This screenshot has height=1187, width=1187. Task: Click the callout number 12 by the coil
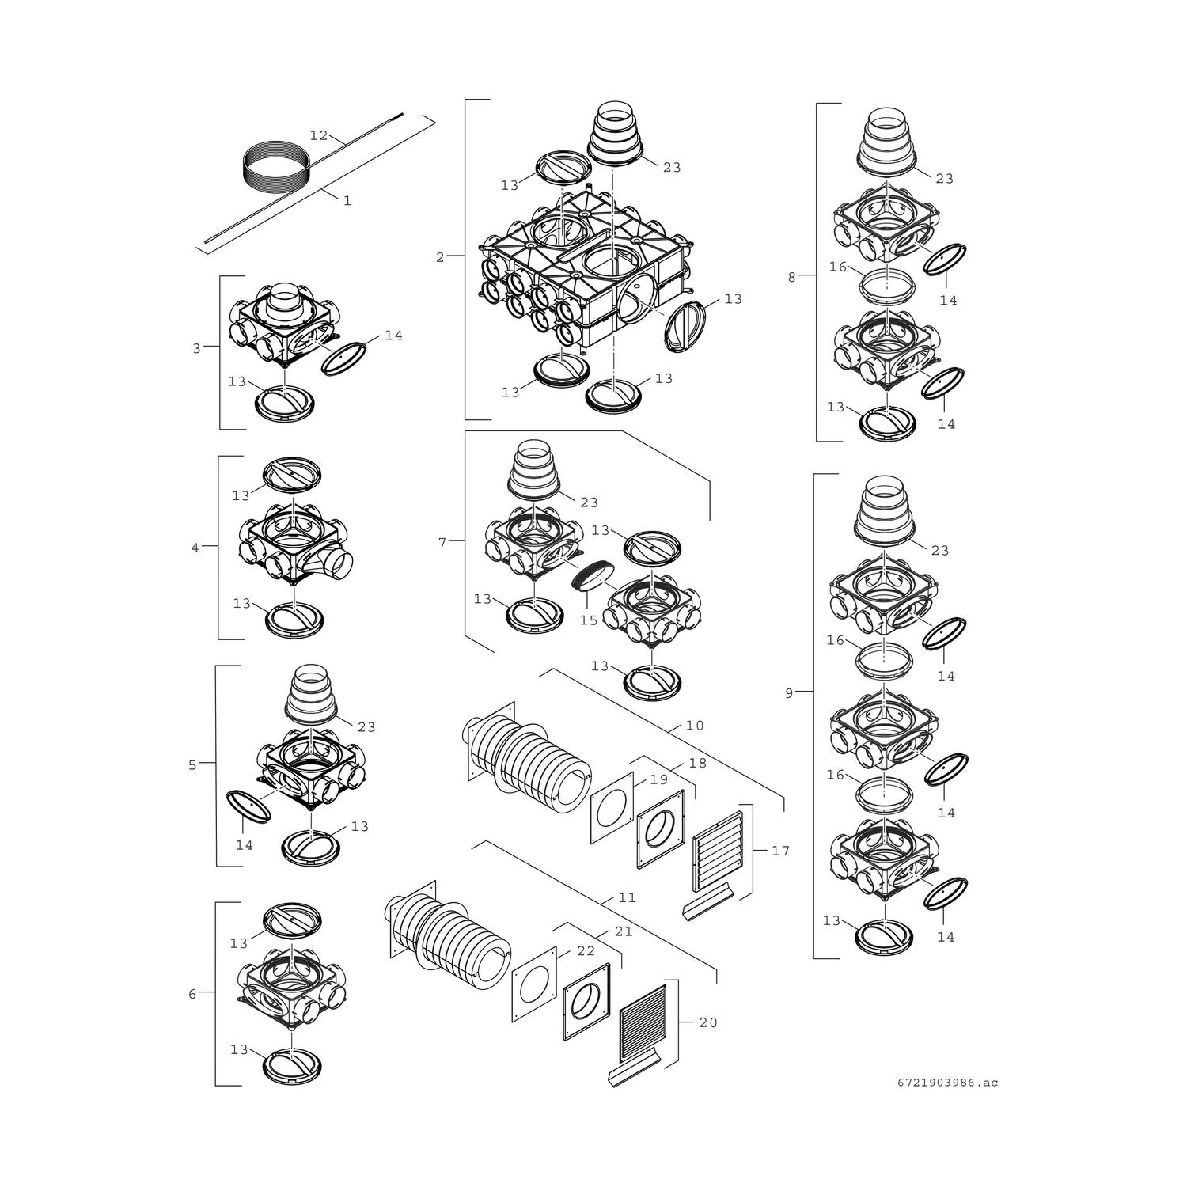pyautogui.click(x=318, y=135)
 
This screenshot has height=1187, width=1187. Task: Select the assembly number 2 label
pyautogui.click(x=440, y=256)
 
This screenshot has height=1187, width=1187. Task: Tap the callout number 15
pyautogui.click(x=588, y=620)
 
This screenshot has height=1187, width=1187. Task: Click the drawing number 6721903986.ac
pyautogui.click(x=946, y=1082)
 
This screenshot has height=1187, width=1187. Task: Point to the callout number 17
pyautogui.click(x=780, y=851)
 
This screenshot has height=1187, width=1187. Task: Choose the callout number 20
pyautogui.click(x=708, y=1022)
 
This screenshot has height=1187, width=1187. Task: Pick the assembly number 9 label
pyautogui.click(x=788, y=693)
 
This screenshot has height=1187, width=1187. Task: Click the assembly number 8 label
pyautogui.click(x=791, y=277)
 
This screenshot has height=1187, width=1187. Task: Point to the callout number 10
pyautogui.click(x=695, y=726)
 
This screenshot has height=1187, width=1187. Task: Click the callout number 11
pyautogui.click(x=628, y=898)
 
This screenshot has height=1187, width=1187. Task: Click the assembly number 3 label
pyautogui.click(x=197, y=348)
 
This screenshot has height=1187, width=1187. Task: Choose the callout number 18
pyautogui.click(x=697, y=763)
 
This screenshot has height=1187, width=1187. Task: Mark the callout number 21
pyautogui.click(x=624, y=932)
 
